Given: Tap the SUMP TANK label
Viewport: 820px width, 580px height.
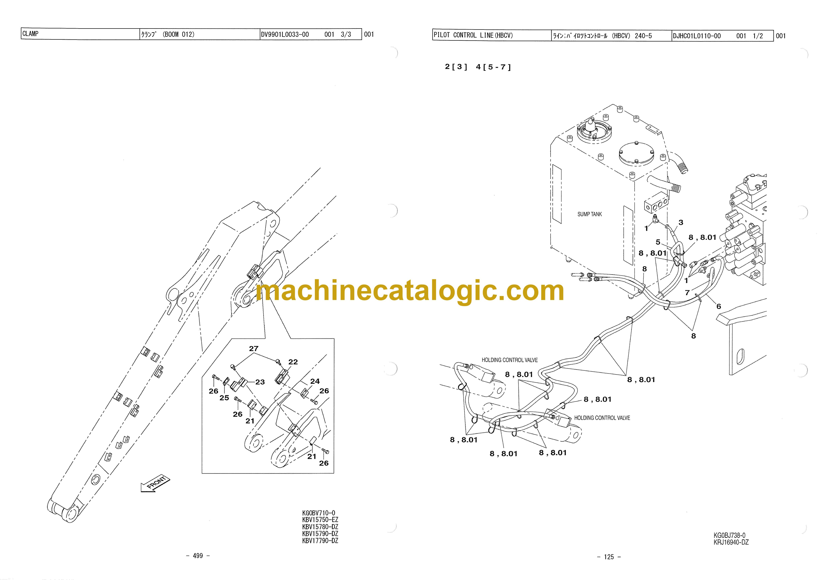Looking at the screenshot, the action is click(x=590, y=214).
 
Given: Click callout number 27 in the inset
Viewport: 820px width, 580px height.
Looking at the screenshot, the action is click(x=254, y=349).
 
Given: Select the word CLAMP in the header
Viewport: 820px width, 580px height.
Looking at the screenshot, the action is click(x=30, y=34).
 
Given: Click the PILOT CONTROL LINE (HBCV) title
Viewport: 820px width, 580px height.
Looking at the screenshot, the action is click(x=473, y=35).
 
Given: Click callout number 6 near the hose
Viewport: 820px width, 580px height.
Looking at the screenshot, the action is click(x=718, y=306).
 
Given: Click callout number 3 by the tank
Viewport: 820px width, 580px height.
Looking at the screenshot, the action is click(x=681, y=222).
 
